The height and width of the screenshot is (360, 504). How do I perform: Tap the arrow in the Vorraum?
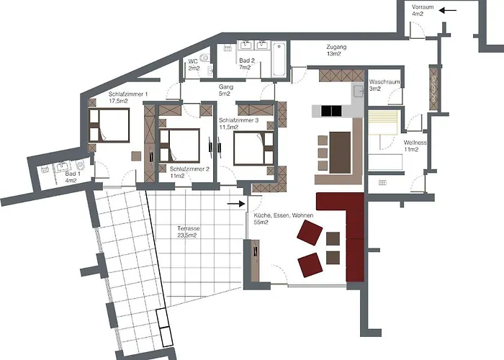coord(448,10)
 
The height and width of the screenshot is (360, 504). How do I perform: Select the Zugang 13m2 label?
coord(336,50)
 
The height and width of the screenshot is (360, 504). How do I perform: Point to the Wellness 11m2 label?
coord(416,145)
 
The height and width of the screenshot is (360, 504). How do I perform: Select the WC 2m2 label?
coord(194,65)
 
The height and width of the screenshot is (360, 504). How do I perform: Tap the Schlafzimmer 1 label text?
coord(127,98)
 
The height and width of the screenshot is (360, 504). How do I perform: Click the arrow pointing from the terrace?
coord(235,204)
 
